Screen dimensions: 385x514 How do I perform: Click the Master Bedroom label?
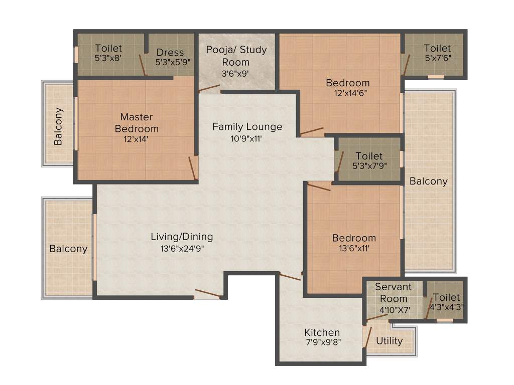(x=137, y=123)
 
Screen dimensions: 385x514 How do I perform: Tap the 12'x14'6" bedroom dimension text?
(x=348, y=93)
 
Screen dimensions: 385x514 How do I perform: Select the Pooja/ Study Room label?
(x=236, y=56)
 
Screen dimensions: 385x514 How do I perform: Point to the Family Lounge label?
(x=247, y=127)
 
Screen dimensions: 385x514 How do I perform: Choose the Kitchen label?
(x=322, y=332)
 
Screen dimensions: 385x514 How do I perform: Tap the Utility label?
(x=390, y=341)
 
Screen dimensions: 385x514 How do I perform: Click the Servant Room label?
(x=393, y=293)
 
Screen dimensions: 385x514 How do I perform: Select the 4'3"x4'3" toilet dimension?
(x=446, y=307)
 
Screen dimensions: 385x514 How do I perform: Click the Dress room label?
(x=170, y=53)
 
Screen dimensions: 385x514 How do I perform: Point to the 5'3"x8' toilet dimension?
(x=108, y=58)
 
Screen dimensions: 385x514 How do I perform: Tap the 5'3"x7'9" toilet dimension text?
(x=369, y=165)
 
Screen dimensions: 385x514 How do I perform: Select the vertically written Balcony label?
(x=59, y=126)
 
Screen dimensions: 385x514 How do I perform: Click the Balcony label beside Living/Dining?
(x=68, y=249)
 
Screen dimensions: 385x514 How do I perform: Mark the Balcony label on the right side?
(x=428, y=181)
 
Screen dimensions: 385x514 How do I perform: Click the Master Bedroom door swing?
(x=192, y=168)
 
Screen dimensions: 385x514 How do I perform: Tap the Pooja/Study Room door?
(x=209, y=89)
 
